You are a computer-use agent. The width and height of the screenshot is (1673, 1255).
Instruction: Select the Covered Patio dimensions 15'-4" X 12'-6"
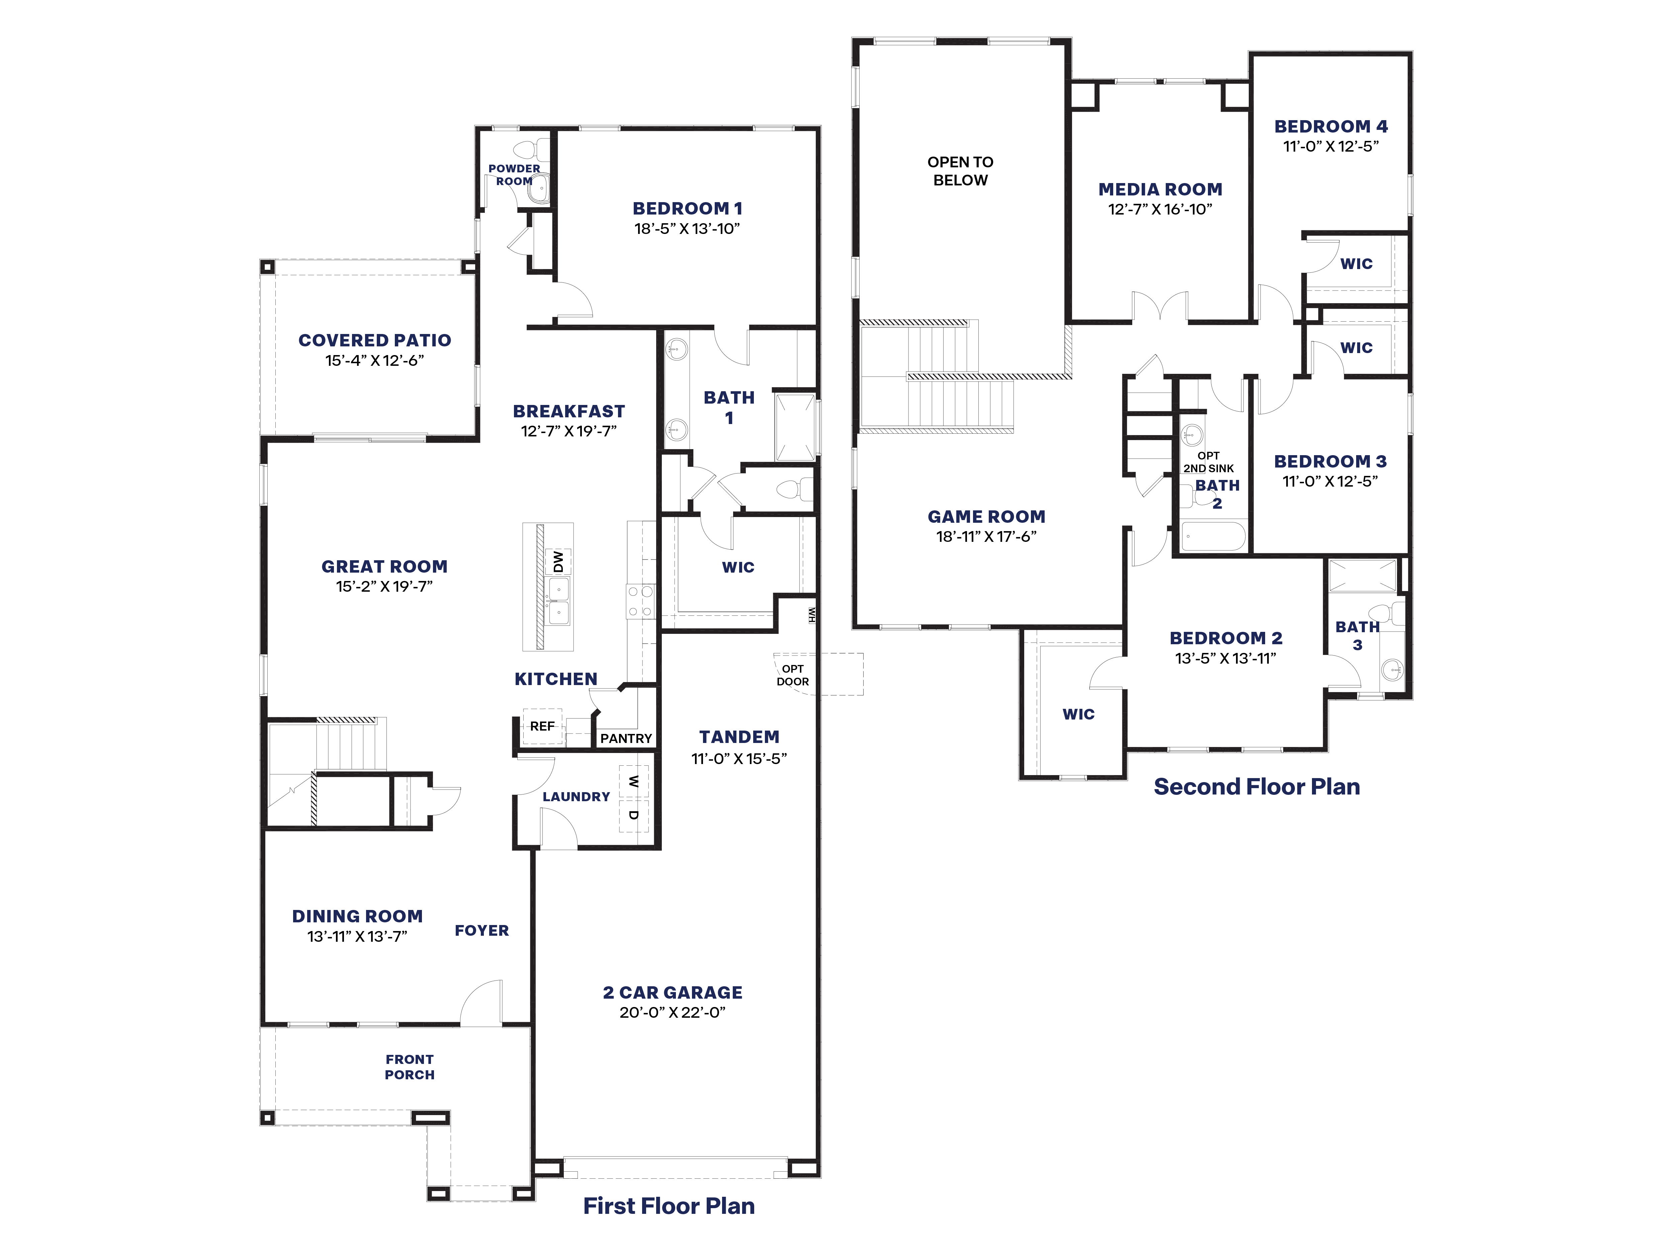pos(374,361)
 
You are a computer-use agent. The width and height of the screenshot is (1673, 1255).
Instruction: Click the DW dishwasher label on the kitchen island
pos(558,561)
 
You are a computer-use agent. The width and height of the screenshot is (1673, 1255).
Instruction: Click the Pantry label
pos(625,738)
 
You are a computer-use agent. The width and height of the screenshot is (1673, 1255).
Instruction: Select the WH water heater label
pos(811,614)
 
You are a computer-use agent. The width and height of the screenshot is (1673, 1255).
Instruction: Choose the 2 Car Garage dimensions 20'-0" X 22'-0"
pos(672,1012)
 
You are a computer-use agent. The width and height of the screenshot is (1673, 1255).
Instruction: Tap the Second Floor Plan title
pos(1256,787)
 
